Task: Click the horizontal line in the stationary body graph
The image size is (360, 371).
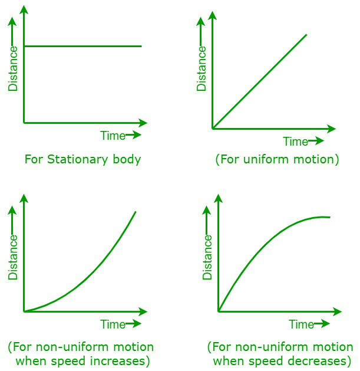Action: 82,46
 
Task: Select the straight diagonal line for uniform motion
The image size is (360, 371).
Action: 260,81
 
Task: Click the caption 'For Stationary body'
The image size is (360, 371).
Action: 82,159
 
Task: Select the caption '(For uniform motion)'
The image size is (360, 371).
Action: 278,159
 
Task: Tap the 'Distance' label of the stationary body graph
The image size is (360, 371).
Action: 13,68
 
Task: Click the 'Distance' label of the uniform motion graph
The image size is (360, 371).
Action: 202,68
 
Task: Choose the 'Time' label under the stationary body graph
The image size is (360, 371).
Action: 113,136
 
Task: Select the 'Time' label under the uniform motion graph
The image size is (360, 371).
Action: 296,142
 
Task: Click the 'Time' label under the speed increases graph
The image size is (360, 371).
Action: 113,324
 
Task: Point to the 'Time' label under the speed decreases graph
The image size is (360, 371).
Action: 302,324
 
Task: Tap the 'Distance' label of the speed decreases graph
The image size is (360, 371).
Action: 207,257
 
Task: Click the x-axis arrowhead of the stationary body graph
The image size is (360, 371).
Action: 143,123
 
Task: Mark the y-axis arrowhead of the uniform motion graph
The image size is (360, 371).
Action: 213,15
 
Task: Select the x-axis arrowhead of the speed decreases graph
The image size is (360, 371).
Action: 338,311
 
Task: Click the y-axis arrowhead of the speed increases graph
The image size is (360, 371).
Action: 24,198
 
